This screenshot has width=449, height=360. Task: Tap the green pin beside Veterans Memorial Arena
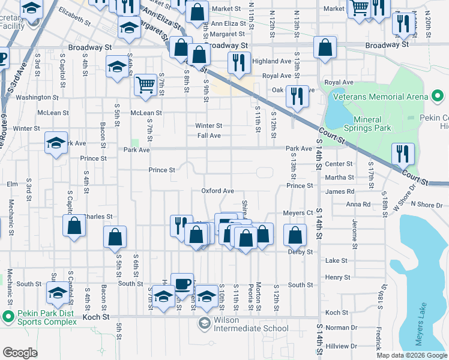pos(438,96)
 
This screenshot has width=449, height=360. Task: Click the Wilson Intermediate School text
pos(251,328)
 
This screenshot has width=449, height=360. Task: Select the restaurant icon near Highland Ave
pos(239,62)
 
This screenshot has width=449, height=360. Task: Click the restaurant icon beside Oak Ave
pos(297,95)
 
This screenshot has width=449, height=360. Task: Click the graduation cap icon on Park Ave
pos(56,143)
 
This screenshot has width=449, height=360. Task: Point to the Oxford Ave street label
pos(217,191)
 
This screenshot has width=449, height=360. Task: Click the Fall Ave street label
pos(209,136)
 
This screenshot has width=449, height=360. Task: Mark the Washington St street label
pos(37,97)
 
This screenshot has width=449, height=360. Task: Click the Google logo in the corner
pos(20,353)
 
